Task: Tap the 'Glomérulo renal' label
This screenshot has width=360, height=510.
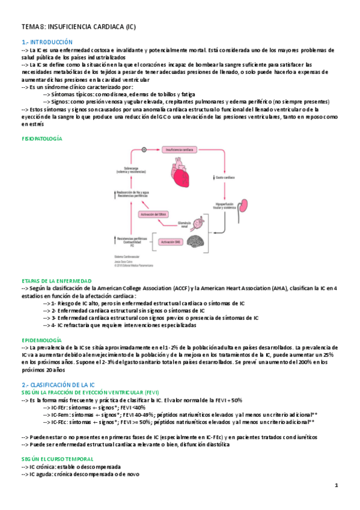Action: [x=188, y=225]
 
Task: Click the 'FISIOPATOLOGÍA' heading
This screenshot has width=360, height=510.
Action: [x=41, y=138]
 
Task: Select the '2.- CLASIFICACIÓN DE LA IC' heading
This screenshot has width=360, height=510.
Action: [x=58, y=384]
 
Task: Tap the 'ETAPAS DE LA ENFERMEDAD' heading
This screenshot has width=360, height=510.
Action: [x=56, y=281]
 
